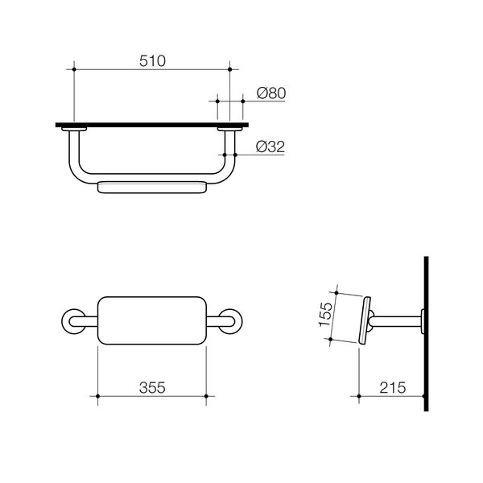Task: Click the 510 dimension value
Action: coord(151,60)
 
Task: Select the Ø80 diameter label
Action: coord(271,93)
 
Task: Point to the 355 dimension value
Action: coord(151,387)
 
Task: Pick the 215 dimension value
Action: coord(393,387)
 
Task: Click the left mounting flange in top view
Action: coord(74,130)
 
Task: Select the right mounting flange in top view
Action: coord(229,130)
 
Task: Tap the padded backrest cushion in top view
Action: coord(151,187)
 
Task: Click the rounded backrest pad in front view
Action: coord(151,321)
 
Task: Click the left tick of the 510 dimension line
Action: coord(74,71)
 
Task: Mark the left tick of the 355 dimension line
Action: coord(97,396)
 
